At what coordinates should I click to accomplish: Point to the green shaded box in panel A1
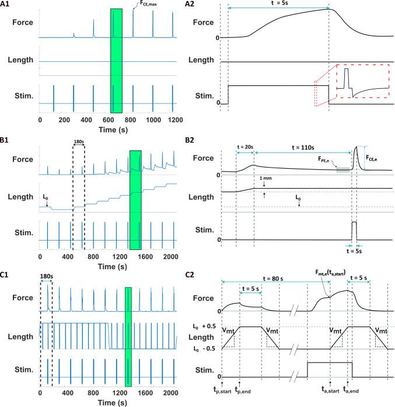coord(116,61)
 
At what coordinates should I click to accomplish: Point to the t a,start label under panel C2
coord(331,395)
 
